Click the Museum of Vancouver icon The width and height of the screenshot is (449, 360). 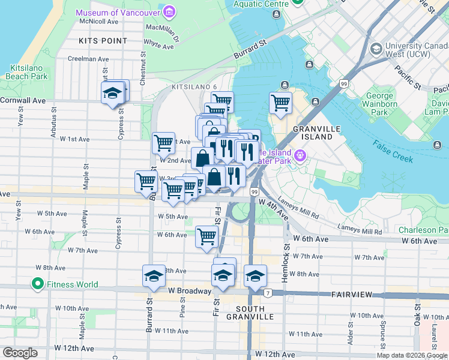[169, 12]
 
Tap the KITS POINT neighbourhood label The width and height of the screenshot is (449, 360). [103, 41]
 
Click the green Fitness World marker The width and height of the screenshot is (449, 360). [37, 284]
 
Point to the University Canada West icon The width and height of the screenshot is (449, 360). [376, 49]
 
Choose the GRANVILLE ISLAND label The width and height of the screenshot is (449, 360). [313, 133]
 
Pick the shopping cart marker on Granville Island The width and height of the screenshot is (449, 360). [280, 103]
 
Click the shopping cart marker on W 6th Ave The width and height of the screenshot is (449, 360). [206, 236]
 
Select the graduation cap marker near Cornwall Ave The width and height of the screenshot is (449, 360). [112, 93]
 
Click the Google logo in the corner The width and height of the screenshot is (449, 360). [20, 353]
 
